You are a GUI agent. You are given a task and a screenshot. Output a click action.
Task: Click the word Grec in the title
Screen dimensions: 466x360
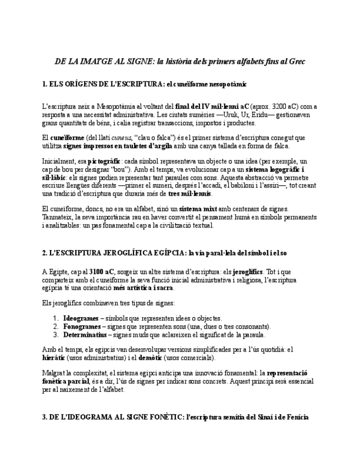pos(296,62)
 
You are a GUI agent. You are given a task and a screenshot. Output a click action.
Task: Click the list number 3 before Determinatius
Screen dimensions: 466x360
pos(56,334)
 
